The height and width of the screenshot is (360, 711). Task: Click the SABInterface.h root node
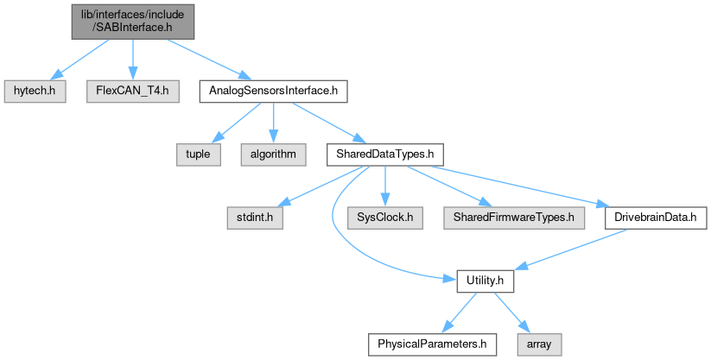pyautogui.click(x=131, y=20)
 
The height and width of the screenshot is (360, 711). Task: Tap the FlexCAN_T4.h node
pyautogui.click(x=132, y=90)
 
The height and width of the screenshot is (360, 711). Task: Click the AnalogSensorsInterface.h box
pyautogui.click(x=274, y=90)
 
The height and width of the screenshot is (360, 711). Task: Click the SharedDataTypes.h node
pyautogui.click(x=384, y=154)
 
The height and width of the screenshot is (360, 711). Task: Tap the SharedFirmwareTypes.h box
pyautogui.click(x=512, y=217)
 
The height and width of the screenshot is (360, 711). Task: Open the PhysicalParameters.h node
pyautogui.click(x=428, y=344)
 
